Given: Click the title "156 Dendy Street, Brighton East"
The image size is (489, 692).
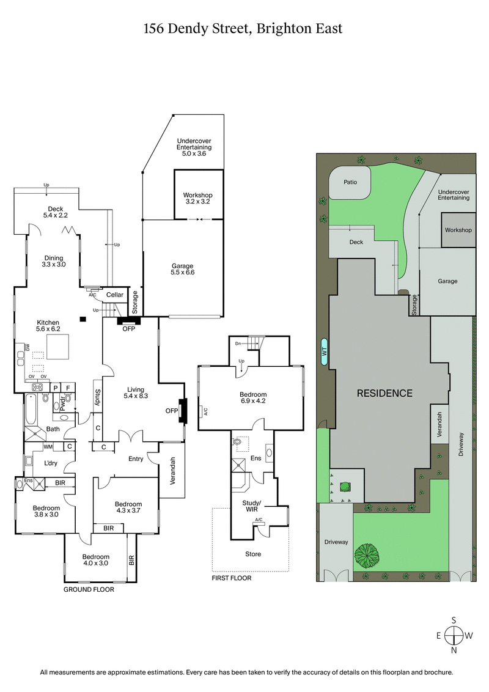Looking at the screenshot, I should pos(243,28).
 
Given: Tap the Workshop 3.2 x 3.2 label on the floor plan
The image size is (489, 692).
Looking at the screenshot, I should pos(197,198).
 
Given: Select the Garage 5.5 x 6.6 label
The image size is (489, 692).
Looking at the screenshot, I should pos(182,269).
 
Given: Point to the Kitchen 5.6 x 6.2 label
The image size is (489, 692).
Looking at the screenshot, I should pos(48,326).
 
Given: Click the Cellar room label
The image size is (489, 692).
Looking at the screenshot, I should pos(115,295).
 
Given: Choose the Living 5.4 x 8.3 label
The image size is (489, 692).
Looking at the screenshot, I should pos(135,392).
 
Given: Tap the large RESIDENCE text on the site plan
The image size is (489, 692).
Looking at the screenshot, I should pos(384,393).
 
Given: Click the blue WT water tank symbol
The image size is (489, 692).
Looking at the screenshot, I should pos(324,351).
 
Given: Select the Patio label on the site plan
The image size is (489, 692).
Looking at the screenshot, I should pos(350,182).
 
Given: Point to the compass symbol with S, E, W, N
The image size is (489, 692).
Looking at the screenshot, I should pos(454,635).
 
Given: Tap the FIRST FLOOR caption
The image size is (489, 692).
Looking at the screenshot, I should pos(231,578).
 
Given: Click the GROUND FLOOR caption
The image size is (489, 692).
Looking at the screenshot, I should pos(89,590).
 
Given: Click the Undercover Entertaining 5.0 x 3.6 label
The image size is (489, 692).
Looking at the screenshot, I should pos(194,147).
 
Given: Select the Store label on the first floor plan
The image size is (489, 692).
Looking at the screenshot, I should pos(253,554).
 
